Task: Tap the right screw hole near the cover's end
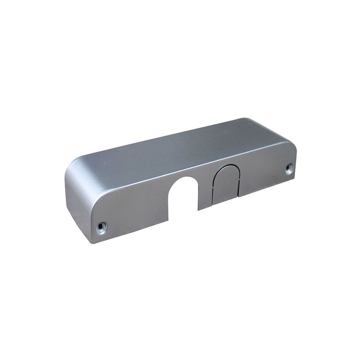(289, 167)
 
